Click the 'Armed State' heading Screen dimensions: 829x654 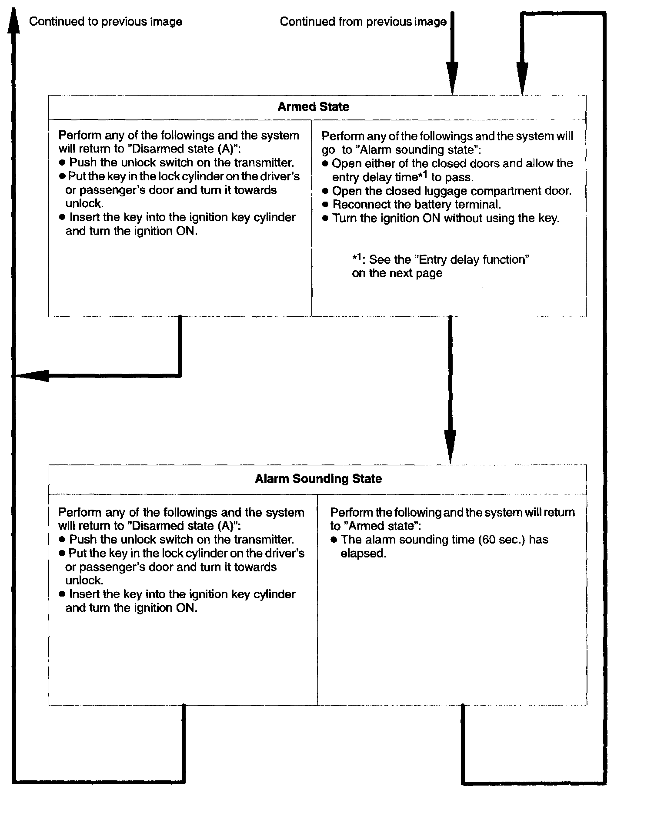tap(313, 107)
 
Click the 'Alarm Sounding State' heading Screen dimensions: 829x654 tap(318, 479)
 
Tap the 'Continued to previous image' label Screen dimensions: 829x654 tap(106, 22)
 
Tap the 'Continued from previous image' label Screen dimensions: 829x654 tap(363, 22)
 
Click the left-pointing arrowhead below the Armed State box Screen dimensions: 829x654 tap(33, 375)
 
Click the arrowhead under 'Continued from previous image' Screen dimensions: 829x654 tap(452, 76)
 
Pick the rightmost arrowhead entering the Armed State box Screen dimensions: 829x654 tap(522, 76)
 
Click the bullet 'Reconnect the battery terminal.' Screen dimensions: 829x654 tap(416, 205)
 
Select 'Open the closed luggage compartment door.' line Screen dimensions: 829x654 tap(451, 191)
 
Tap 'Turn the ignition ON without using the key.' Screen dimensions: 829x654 tap(446, 218)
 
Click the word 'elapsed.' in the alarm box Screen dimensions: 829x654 tap(363, 554)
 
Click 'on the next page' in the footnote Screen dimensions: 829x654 tap(397, 273)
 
